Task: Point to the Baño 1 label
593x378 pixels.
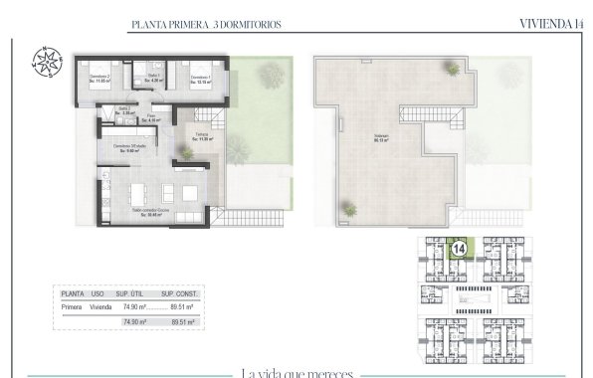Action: click(x=154, y=78)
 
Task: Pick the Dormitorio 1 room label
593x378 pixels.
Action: click(x=201, y=80)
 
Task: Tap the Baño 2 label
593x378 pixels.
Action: click(x=124, y=112)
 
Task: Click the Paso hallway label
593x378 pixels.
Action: click(x=154, y=118)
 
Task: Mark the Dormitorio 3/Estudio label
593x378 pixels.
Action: click(x=131, y=148)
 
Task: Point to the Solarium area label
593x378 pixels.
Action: click(x=381, y=139)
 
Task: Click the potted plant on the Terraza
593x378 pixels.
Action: click(x=186, y=153)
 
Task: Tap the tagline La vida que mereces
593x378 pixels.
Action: click(x=296, y=372)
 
